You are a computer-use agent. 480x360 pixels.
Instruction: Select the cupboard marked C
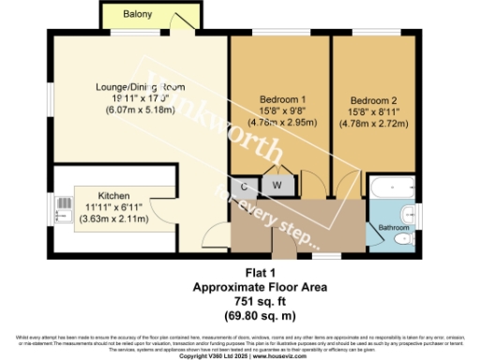coord(244,186)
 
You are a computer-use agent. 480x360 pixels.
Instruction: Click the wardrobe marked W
coord(277,186)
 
